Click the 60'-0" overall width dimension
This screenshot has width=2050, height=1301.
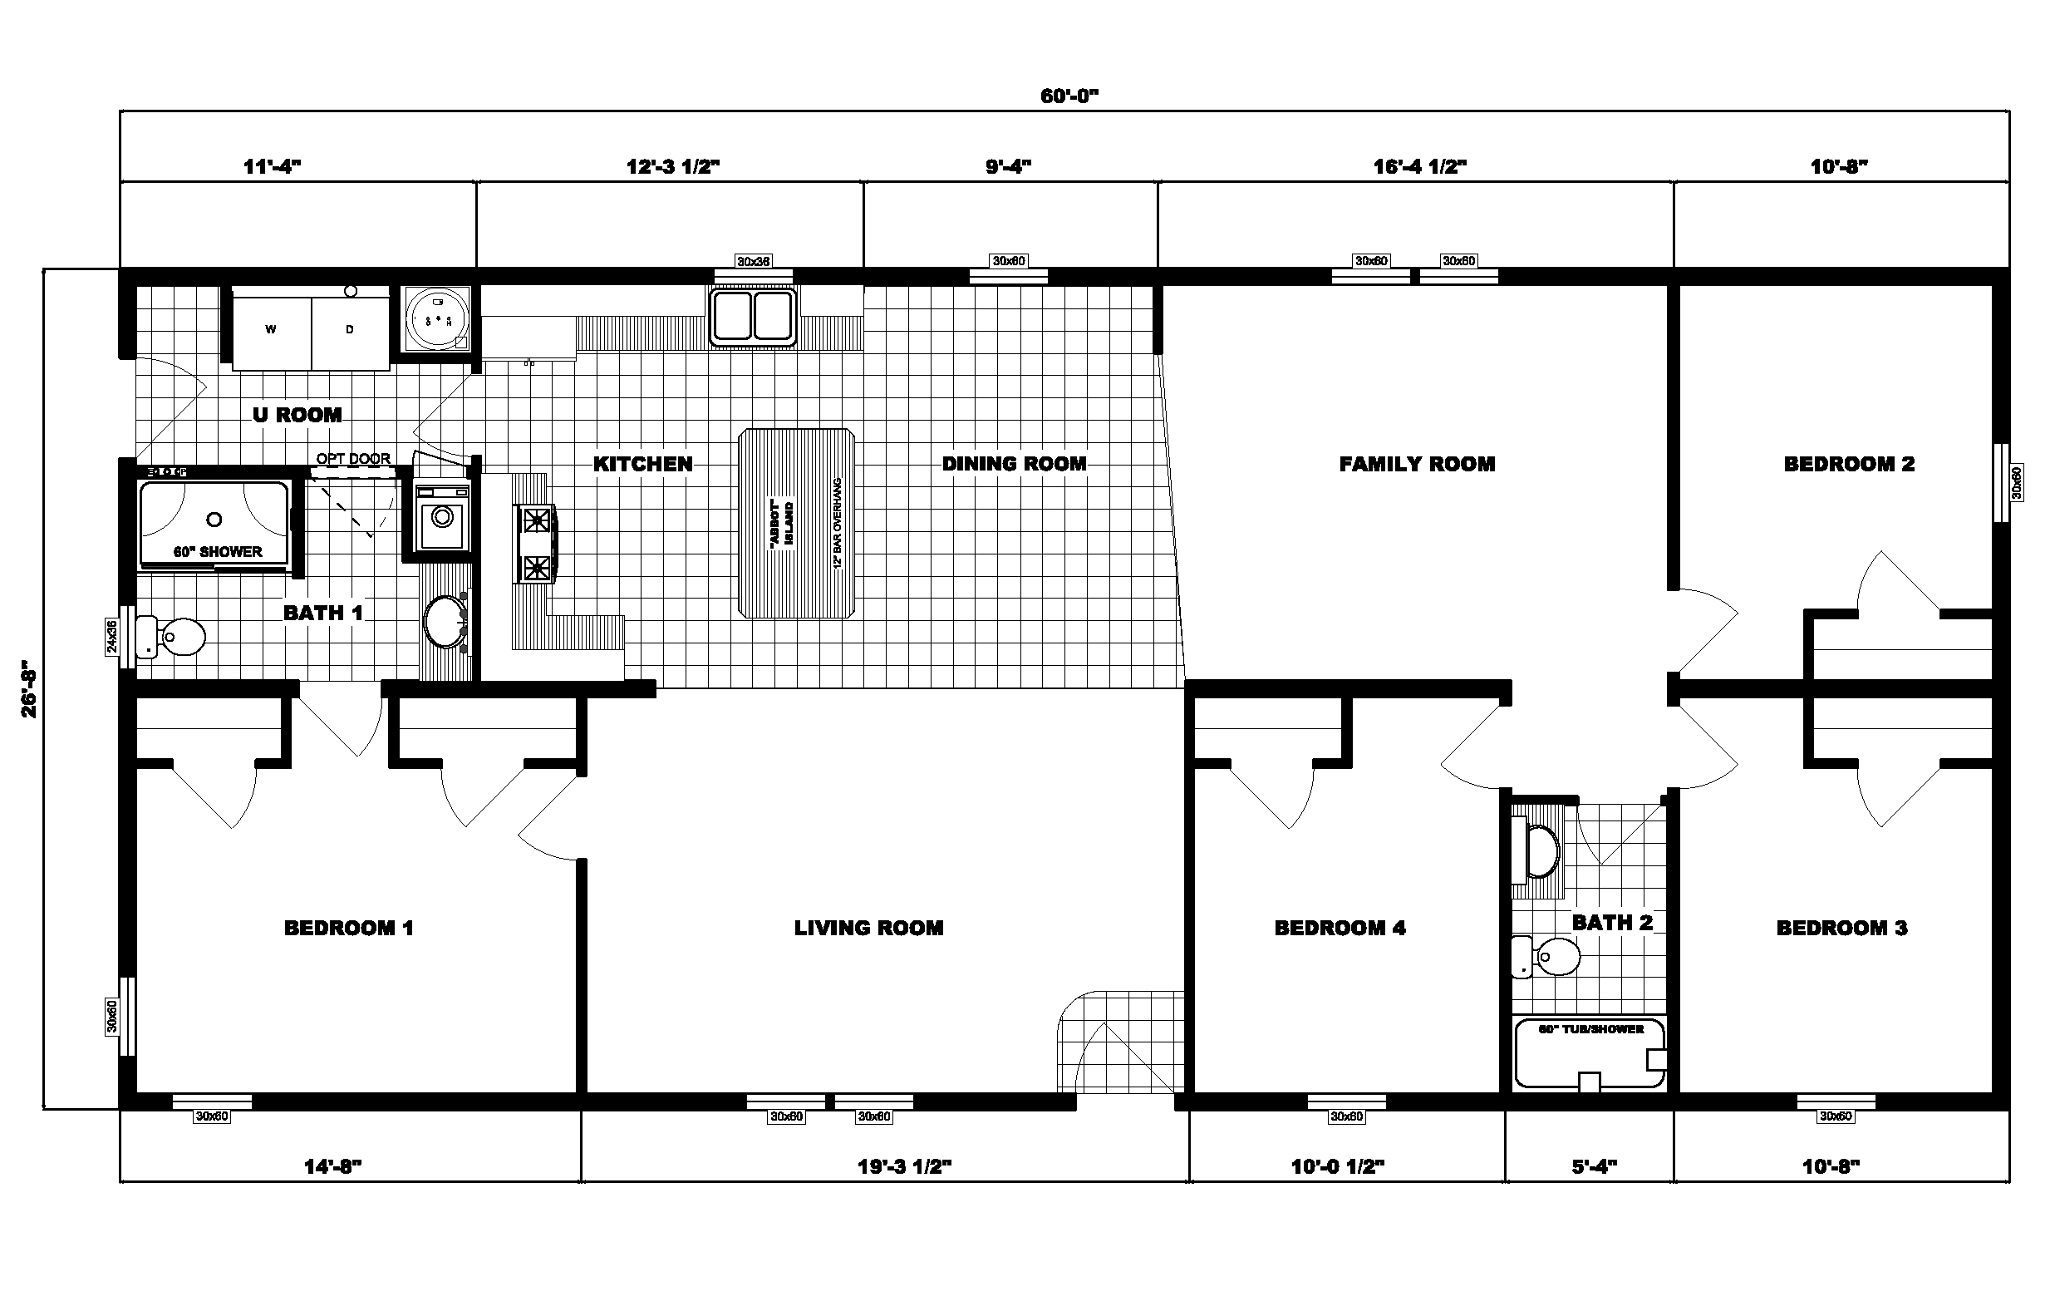pyautogui.click(x=1069, y=96)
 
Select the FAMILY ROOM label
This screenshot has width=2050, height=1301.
pyautogui.click(x=1417, y=464)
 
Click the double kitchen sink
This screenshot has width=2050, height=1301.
pyautogui.click(x=753, y=317)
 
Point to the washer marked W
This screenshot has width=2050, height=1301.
pyautogui.click(x=271, y=328)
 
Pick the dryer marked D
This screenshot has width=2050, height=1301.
pyautogui.click(x=350, y=328)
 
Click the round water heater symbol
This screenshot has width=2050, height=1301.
pyautogui.click(x=438, y=319)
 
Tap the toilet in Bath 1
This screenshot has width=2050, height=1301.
pyautogui.click(x=174, y=636)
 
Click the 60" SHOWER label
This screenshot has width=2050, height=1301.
pyautogui.click(x=218, y=552)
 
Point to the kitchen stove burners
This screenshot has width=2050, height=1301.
pyautogui.click(x=536, y=543)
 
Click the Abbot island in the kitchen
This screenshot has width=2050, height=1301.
pyautogui.click(x=796, y=524)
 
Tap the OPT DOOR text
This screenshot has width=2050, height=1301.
pyautogui.click(x=353, y=459)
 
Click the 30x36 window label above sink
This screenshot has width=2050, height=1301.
pyautogui.click(x=754, y=261)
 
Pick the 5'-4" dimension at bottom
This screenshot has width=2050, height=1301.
pyautogui.click(x=1594, y=1165)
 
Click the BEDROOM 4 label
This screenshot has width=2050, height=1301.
pyautogui.click(x=1340, y=928)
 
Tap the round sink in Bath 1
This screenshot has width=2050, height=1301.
pyautogui.click(x=445, y=622)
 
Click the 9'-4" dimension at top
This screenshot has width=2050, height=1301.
pyautogui.click(x=1009, y=166)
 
